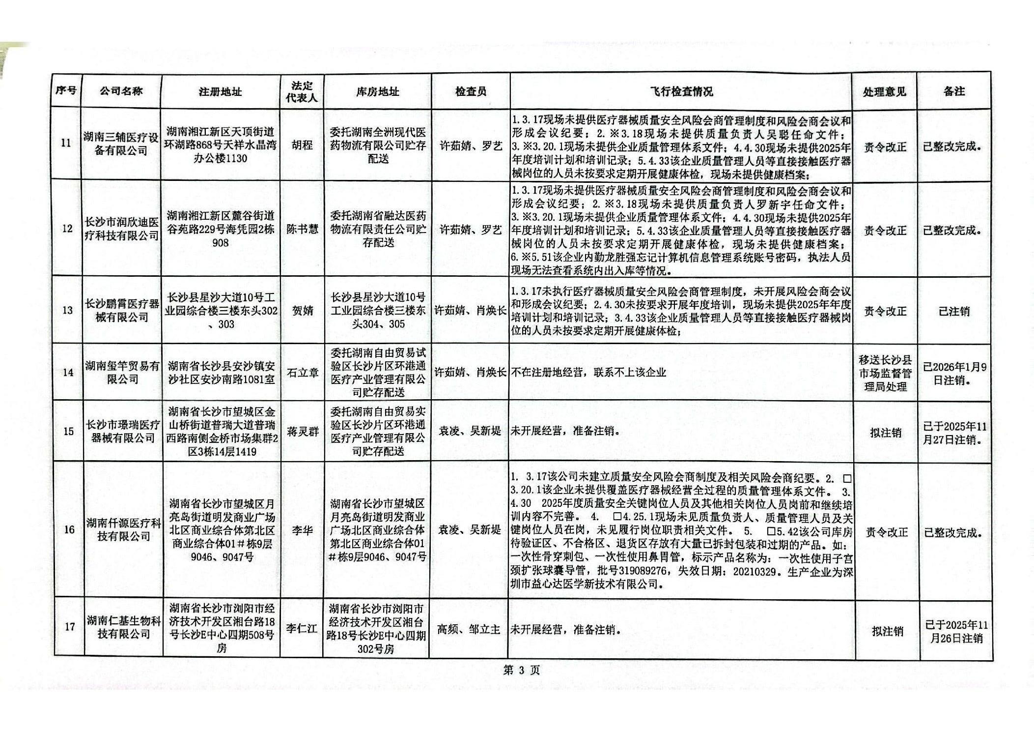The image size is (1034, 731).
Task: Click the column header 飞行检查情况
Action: (x=681, y=91)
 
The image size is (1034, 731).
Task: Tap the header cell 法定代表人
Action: (x=302, y=91)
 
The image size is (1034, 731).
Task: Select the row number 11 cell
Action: (x=66, y=143)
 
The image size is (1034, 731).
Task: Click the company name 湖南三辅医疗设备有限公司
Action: (x=121, y=144)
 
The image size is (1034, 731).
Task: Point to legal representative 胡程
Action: (x=302, y=146)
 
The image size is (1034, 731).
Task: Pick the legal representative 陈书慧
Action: (x=302, y=229)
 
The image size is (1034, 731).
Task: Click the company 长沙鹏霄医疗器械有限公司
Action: (x=122, y=310)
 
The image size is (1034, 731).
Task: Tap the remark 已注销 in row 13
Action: (x=954, y=311)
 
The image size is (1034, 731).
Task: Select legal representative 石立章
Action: (x=302, y=373)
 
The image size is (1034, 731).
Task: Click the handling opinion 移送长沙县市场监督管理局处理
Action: (x=885, y=373)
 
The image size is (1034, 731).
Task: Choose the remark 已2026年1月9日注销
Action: (x=954, y=373)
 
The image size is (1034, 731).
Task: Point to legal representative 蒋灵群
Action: (x=303, y=432)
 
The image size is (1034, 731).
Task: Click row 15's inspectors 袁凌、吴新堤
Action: (x=470, y=431)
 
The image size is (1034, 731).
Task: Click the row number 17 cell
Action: (x=69, y=627)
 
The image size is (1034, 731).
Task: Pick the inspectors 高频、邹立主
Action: (x=469, y=629)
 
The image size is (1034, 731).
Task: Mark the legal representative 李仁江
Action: (x=302, y=628)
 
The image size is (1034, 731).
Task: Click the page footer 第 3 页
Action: (x=521, y=670)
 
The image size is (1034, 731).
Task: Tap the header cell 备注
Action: (x=954, y=91)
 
